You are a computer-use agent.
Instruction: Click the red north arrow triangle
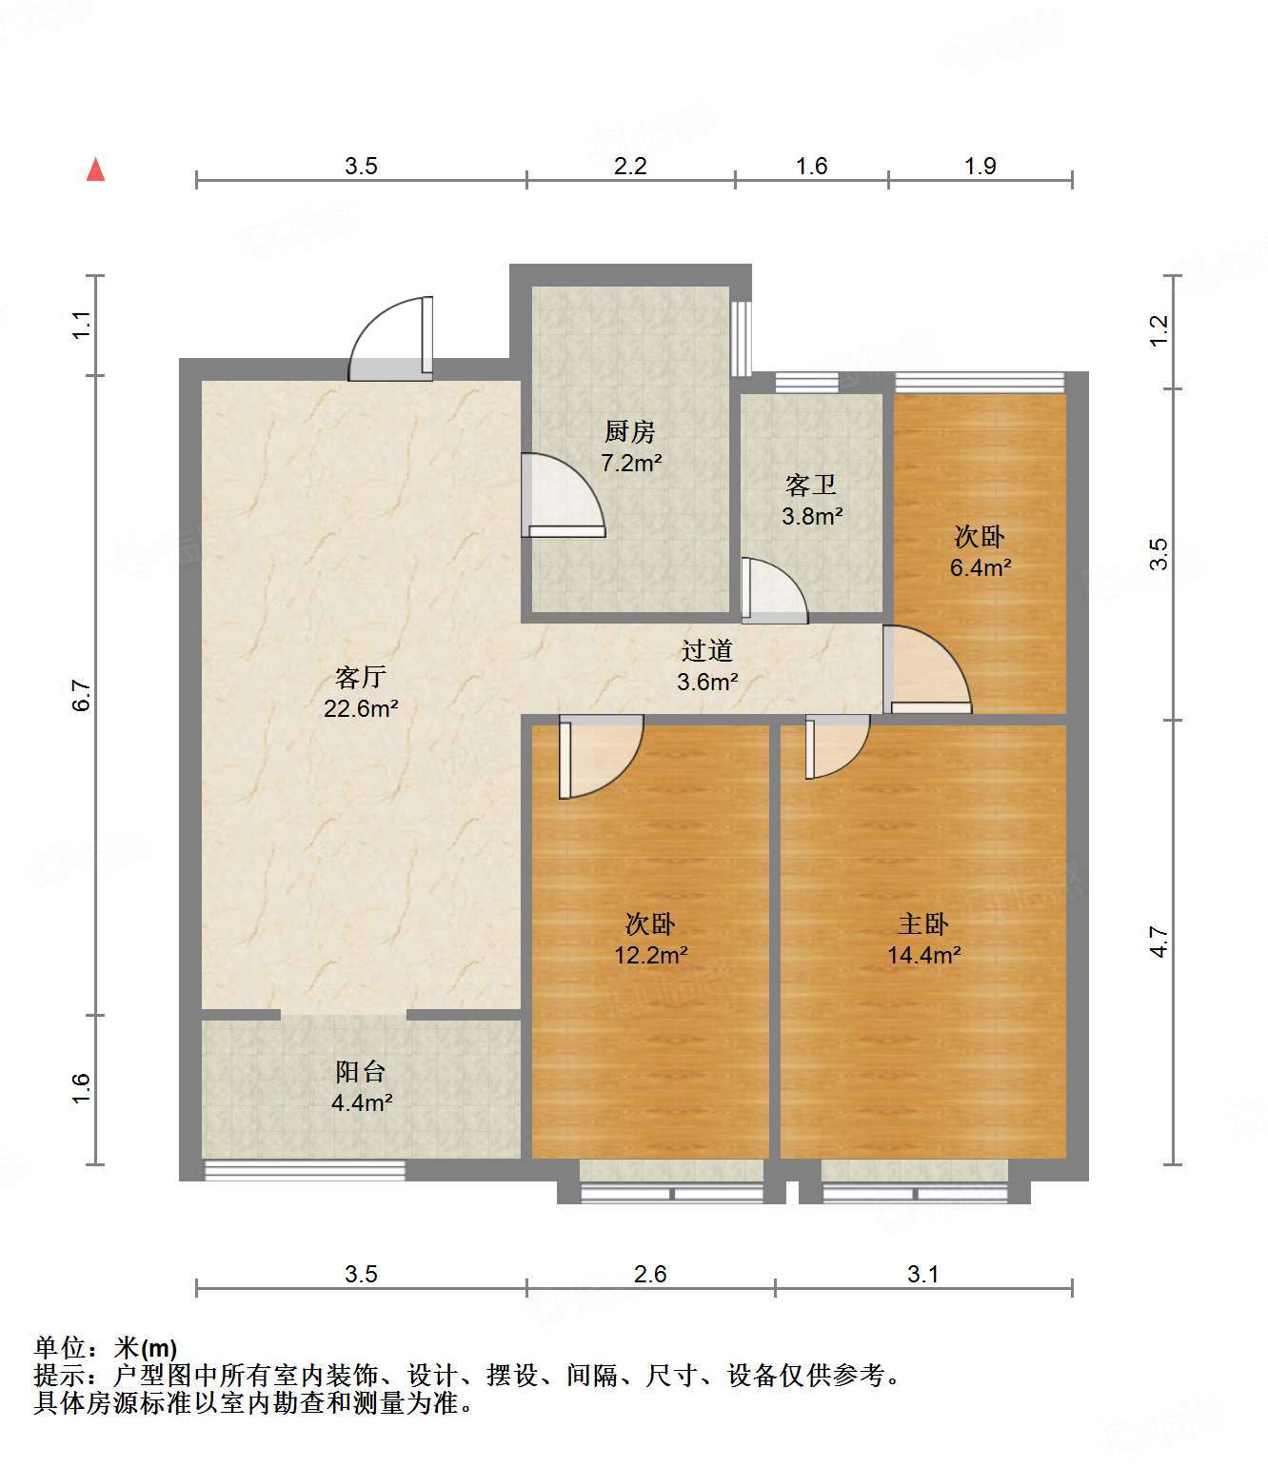pos(96,170)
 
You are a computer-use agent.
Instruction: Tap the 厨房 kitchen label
pos(629,432)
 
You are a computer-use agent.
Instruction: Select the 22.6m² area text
pos(361,708)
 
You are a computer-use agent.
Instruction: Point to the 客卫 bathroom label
pos(810,486)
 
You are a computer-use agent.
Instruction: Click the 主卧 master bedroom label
pos(922,923)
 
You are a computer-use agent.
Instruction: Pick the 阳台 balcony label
pos(361,1072)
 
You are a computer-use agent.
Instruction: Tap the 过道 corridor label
pos(706,650)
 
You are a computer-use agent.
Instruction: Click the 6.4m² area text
pos(981,567)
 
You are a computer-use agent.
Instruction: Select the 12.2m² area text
pos(651,955)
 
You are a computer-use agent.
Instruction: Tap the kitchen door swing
pos(563,495)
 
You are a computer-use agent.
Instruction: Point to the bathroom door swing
pos(775,591)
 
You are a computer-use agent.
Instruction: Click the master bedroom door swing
pos(838,746)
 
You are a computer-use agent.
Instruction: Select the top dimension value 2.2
pos(630,167)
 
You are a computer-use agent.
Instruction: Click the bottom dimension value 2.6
pos(650,1274)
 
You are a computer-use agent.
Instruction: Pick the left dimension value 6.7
pos(83,695)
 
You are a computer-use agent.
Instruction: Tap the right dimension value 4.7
pos(1159,942)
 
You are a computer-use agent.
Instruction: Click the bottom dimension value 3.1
pos(922,1274)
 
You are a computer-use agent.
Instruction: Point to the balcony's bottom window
pos(305,1170)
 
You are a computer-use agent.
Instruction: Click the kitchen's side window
pos(741,339)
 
